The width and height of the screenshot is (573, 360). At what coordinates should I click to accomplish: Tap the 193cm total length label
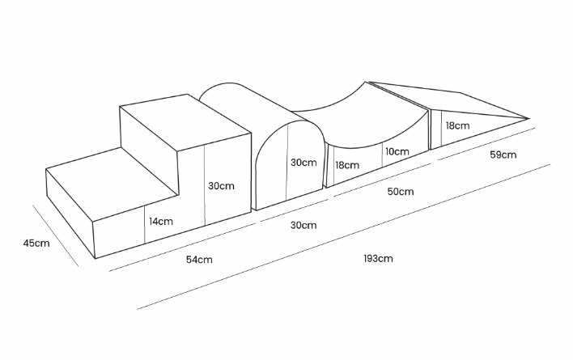tap(378, 259)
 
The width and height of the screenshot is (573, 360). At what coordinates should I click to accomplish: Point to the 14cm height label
tap(160, 221)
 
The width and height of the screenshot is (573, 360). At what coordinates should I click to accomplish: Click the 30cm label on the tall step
tap(222, 185)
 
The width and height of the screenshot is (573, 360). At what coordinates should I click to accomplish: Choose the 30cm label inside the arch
tap(303, 163)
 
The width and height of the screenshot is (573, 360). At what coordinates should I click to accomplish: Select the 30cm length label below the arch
tap(303, 225)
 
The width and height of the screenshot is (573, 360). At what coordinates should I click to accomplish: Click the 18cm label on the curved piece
tap(348, 164)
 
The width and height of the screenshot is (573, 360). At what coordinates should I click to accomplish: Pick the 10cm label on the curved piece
tap(396, 151)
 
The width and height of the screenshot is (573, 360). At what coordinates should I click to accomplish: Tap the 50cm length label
tap(401, 192)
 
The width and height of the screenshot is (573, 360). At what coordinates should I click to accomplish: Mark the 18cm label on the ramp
tap(457, 126)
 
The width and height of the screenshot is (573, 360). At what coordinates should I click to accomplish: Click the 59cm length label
tap(503, 155)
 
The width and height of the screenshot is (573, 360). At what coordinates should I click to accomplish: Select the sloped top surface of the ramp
tap(453, 101)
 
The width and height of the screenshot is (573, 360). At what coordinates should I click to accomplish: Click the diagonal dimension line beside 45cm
tap(55, 235)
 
